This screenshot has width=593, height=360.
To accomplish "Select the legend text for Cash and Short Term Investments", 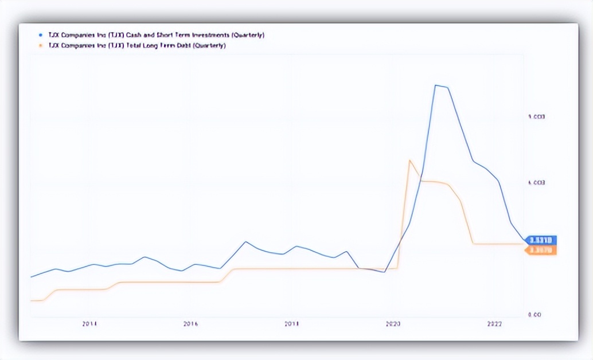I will (x=152, y=35).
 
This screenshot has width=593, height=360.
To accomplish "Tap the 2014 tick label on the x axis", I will (x=89, y=324).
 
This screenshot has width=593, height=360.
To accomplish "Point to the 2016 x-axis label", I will (x=190, y=324).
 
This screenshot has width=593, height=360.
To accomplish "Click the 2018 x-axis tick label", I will (x=292, y=324).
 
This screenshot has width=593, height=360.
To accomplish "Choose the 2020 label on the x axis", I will (x=393, y=324).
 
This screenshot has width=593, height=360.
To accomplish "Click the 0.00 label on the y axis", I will (x=535, y=315).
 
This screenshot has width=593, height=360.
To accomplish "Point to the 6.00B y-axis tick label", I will (x=536, y=183).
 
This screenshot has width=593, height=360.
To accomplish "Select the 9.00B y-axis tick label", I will (x=536, y=117).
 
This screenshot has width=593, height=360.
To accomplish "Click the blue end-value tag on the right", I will (x=540, y=240).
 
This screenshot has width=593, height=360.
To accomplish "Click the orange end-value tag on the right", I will (x=540, y=251).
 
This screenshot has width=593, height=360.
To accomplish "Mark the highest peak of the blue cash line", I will (x=436, y=85).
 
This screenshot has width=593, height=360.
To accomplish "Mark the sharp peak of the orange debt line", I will (x=409, y=161).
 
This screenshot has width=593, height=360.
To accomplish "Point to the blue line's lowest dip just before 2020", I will (x=384, y=272).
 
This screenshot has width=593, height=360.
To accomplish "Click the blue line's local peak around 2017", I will (x=245, y=241).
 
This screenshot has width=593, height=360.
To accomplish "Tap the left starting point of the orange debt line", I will (x=31, y=300).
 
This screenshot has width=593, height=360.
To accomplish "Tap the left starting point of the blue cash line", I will (x=31, y=277).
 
